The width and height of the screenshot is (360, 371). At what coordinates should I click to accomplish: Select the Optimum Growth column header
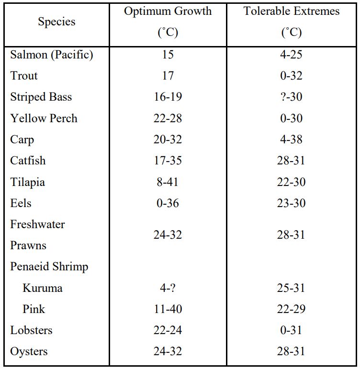click(x=168, y=12)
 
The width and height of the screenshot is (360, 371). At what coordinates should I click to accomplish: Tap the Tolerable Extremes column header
click(x=291, y=12)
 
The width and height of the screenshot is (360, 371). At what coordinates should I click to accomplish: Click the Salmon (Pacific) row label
click(x=52, y=55)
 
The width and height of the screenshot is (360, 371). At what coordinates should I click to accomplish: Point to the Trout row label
click(x=24, y=76)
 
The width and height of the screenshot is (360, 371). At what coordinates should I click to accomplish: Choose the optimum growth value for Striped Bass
click(x=168, y=97)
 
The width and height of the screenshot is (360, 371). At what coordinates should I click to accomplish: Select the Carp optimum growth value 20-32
click(x=168, y=139)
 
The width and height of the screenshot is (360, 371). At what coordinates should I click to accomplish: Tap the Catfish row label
click(x=28, y=161)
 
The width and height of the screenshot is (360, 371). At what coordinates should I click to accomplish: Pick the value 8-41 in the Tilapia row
click(x=168, y=182)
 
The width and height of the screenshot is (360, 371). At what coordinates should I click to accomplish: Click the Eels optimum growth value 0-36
click(x=168, y=203)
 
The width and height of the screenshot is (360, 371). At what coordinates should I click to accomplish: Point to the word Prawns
click(x=28, y=245)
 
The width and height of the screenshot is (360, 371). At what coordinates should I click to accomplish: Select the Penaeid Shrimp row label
click(x=49, y=267)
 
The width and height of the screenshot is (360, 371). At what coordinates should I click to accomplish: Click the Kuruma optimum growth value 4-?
click(x=168, y=288)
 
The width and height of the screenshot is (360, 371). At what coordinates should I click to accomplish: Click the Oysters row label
click(x=29, y=351)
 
